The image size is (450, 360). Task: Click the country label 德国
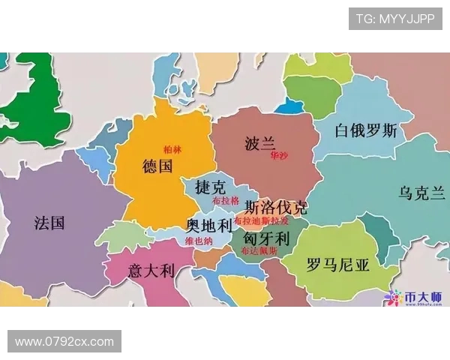click(x=157, y=166)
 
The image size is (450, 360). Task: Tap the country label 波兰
click(x=261, y=143)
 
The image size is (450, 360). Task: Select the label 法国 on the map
click(x=49, y=223)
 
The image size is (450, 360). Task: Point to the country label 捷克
click(x=209, y=186)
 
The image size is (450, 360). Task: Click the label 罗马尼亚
click(x=338, y=265)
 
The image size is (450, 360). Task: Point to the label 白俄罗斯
click(x=365, y=131)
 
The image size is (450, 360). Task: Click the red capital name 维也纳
click(x=199, y=241)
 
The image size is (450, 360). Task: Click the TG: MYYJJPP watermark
click(x=394, y=19)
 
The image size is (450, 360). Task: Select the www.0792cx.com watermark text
click(x=64, y=341)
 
